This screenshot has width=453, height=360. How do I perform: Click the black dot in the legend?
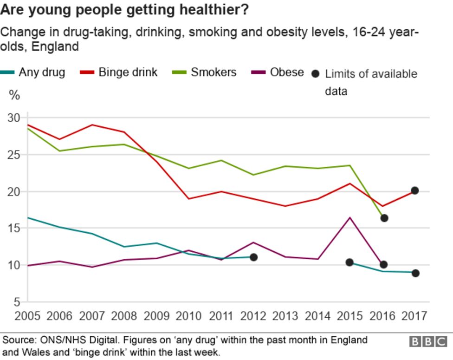[x=316, y=73]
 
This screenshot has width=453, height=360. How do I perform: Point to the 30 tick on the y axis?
[x=14, y=118]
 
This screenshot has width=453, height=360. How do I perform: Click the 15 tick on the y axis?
[x=14, y=228]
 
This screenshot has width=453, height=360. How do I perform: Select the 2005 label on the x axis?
[x=27, y=316]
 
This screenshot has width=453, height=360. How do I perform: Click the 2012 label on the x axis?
[x=253, y=316]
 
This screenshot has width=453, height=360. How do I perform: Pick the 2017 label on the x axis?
[x=414, y=316]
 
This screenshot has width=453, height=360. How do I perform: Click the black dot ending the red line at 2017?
[x=415, y=190]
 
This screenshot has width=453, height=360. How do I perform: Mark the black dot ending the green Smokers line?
[x=384, y=218]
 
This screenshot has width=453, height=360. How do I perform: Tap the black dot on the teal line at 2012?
[x=253, y=257]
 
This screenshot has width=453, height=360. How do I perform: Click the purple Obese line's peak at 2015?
[x=350, y=217]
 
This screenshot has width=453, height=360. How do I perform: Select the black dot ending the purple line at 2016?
[x=383, y=264]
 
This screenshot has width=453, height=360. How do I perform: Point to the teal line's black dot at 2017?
[x=415, y=273]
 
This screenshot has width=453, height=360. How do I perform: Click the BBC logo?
[x=427, y=342]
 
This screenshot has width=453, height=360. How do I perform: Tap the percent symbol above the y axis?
[x=15, y=96]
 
